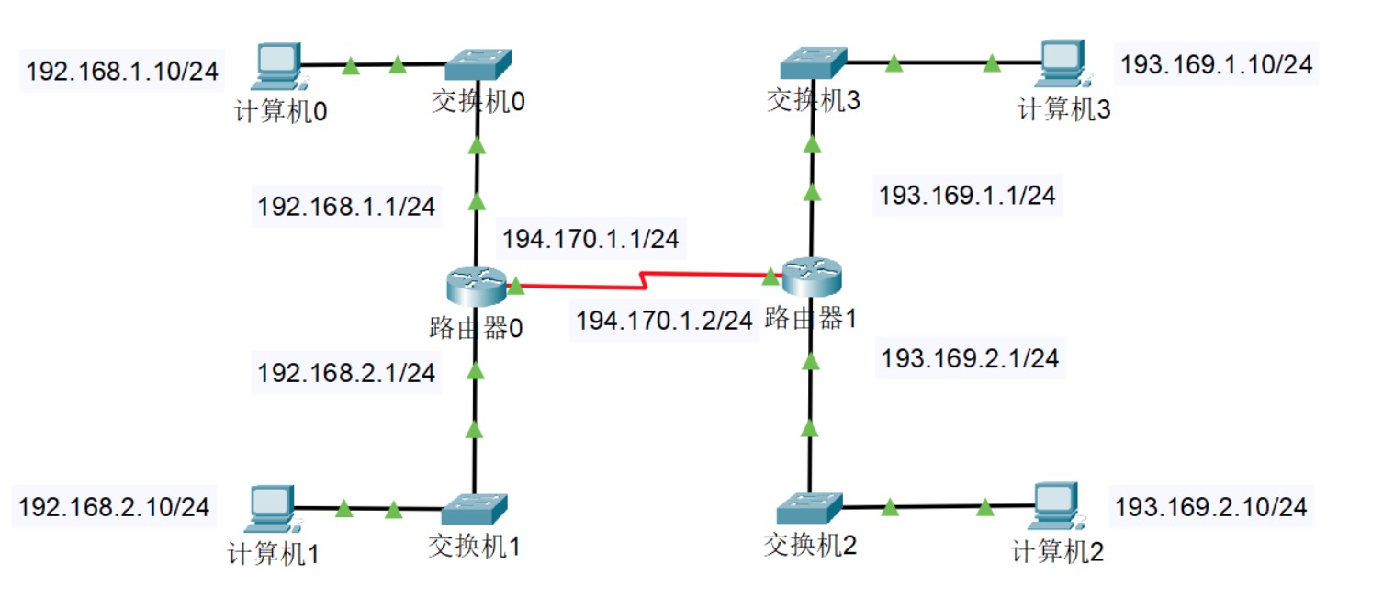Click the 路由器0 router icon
(477, 286)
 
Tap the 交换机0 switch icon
(478, 64)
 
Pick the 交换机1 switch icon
(474, 509)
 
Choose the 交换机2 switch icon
(808, 508)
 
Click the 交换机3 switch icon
(813, 63)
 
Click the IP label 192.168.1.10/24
(123, 72)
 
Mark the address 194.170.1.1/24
(590, 240)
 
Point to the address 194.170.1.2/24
(664, 321)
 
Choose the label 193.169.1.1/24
(967, 195)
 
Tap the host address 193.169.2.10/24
(1209, 506)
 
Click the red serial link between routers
(643, 278)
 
